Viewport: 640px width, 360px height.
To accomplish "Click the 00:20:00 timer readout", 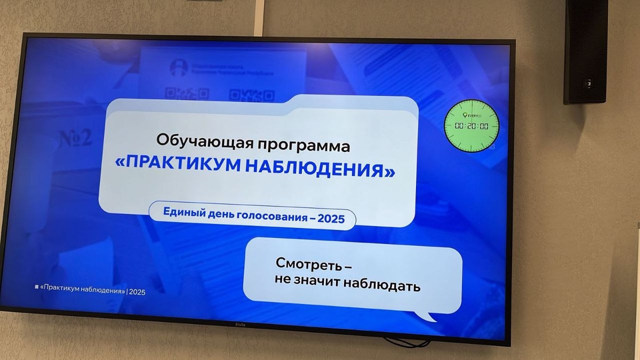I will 471,126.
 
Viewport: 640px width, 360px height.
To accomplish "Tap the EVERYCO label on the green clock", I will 472,115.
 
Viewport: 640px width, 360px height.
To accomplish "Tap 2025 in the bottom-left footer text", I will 137,292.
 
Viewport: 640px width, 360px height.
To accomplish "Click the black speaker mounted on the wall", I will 586,51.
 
